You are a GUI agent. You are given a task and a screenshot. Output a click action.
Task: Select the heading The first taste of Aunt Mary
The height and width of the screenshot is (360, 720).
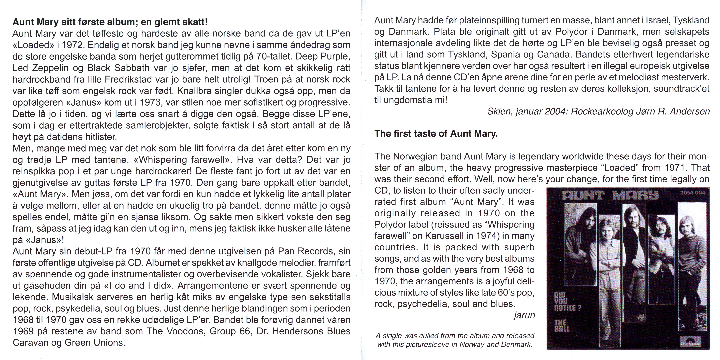coord(436,134)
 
